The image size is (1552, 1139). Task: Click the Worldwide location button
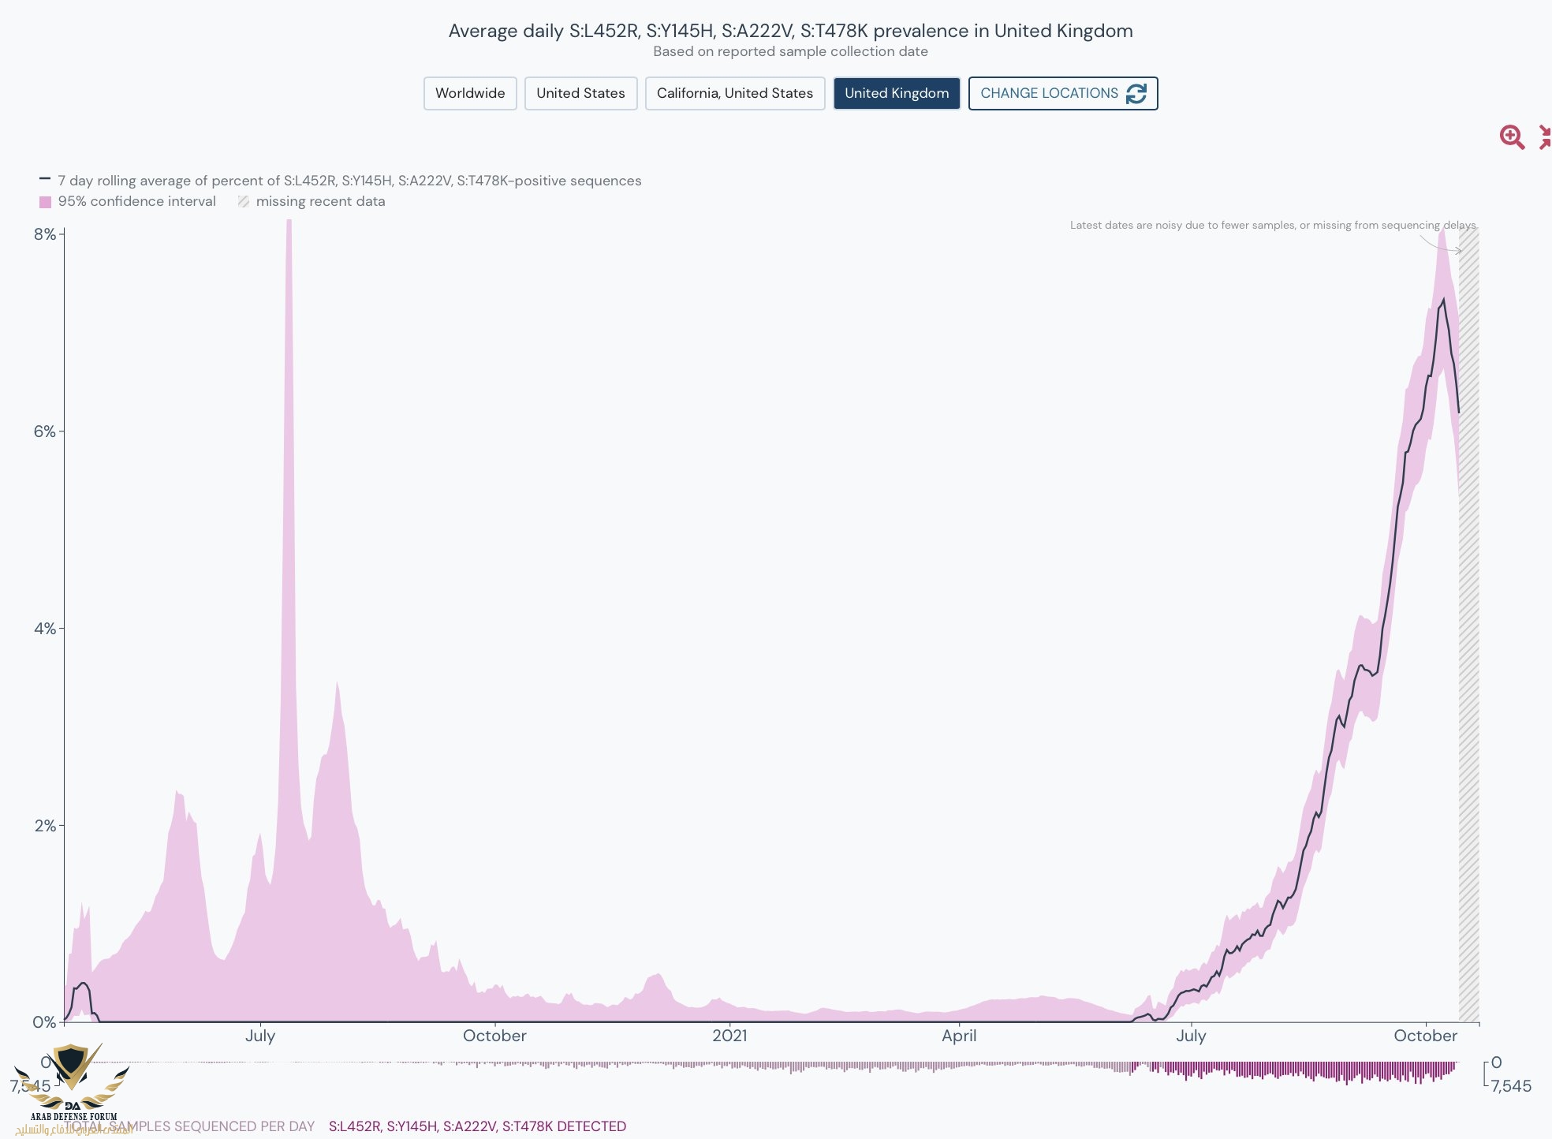click(x=470, y=93)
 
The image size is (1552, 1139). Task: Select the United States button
click(x=580, y=93)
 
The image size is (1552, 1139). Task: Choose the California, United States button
click(x=734, y=93)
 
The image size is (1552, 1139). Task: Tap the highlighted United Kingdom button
click(x=897, y=93)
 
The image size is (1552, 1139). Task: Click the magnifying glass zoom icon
click(x=1511, y=137)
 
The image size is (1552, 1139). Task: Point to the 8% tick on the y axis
click(x=45, y=234)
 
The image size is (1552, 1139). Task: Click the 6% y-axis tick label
click(x=45, y=431)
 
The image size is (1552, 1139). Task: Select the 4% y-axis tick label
click(x=45, y=629)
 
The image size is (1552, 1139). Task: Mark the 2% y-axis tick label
click(x=45, y=826)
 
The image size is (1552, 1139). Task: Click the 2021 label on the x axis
click(x=729, y=1036)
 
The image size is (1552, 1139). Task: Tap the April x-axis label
click(x=959, y=1036)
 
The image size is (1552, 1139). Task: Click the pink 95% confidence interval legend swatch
click(x=46, y=202)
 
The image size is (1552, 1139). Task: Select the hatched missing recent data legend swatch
click(x=244, y=202)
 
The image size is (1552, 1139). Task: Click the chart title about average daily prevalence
click(x=790, y=31)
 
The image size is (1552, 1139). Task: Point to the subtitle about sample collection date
click(x=790, y=52)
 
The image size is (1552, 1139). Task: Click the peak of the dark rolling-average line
click(x=1443, y=300)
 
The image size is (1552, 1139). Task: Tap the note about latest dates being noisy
click(x=1272, y=226)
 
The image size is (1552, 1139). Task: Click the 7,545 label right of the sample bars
click(x=1510, y=1086)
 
